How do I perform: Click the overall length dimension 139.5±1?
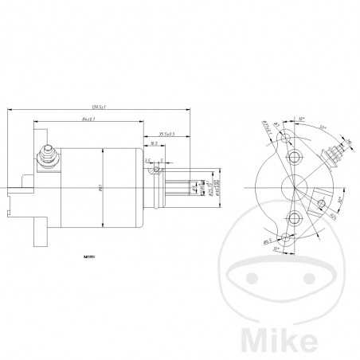click(99, 107)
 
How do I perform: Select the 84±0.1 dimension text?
click(88, 119)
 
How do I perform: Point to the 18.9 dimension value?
click(153, 145)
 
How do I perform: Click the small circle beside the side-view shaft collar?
click(158, 169)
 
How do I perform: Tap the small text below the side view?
click(88, 257)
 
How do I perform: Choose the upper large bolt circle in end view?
click(294, 155)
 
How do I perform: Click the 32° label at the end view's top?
click(302, 120)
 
